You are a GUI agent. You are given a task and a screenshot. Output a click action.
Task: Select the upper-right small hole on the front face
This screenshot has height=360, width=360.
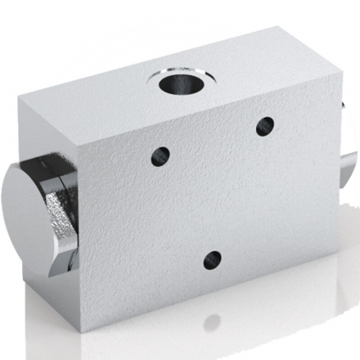point(264,126)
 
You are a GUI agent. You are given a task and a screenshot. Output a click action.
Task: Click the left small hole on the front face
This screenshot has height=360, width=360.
point(160,155)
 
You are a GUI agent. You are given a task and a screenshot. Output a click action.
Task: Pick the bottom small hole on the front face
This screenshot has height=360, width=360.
point(213,260)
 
